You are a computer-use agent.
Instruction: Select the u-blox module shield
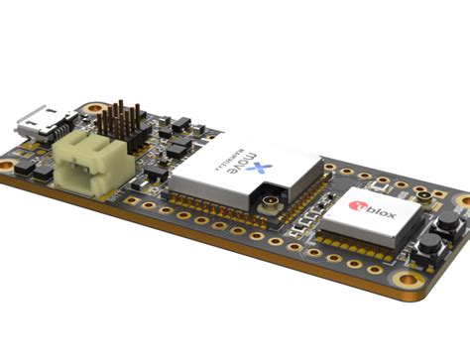click(368, 218)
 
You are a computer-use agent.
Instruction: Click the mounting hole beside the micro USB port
click(93, 108)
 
